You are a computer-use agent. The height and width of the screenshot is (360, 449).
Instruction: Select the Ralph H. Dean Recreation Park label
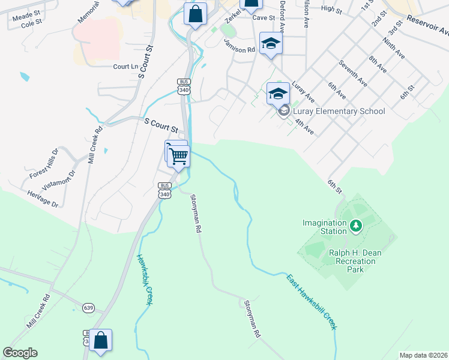tap(355, 261)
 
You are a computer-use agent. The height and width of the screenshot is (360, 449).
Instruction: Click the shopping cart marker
tap(179, 156)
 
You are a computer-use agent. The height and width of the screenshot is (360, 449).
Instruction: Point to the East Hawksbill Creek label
tap(311, 302)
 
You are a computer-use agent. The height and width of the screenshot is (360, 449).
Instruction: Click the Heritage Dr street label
tap(43, 199)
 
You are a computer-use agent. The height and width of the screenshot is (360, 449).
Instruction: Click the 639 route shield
tap(89, 308)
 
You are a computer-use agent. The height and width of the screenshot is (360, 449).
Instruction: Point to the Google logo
tap(20, 353)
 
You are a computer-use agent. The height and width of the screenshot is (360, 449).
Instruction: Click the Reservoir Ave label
tap(427, 25)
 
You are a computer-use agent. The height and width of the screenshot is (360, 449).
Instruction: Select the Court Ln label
tap(126, 67)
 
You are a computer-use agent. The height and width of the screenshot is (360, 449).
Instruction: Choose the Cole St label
tap(31, 23)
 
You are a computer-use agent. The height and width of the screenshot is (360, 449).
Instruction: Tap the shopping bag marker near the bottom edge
tap(101, 340)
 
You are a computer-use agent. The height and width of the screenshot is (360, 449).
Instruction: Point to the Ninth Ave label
tap(395, 50)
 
